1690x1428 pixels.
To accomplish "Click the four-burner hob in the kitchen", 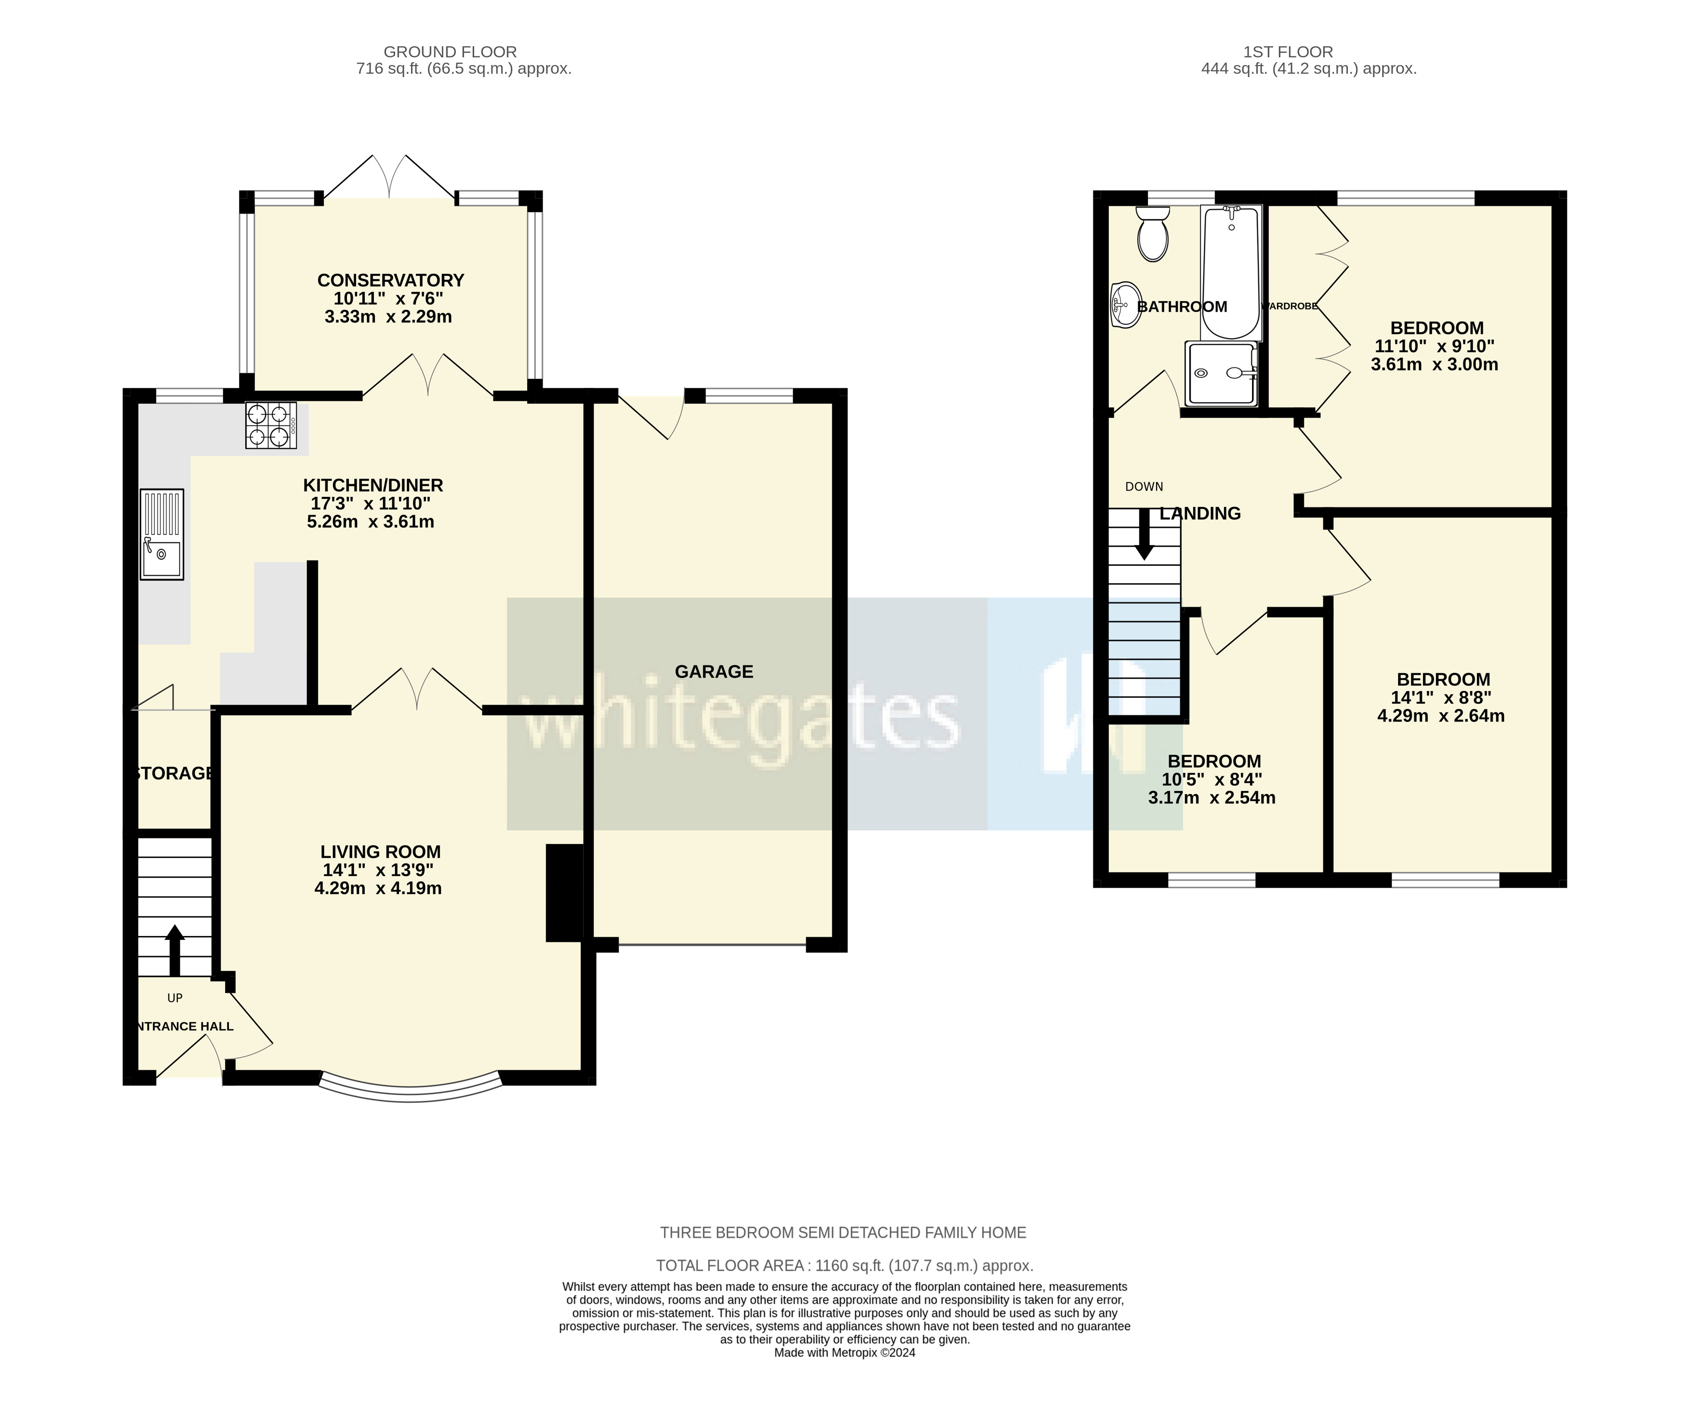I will [x=270, y=425].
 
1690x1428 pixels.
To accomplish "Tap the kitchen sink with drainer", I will [x=162, y=534].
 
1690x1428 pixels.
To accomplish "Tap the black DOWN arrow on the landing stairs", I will [x=1144, y=534].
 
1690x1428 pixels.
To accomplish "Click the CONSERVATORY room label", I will [x=390, y=280].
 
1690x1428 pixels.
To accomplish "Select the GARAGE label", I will [x=714, y=671].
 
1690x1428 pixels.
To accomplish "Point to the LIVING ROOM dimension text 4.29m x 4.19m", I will [x=378, y=888].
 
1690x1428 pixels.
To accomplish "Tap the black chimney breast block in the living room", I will [x=564, y=893].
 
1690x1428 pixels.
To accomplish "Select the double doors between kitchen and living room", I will [x=417, y=692].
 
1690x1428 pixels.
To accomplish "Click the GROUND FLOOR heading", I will [x=450, y=52].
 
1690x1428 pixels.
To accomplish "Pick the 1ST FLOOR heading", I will [x=1288, y=52].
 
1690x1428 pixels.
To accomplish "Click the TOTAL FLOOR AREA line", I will [x=844, y=1265].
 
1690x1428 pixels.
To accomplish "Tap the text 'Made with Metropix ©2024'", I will [x=844, y=1353].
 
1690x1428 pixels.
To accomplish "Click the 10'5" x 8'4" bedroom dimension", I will [x=1211, y=780].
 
